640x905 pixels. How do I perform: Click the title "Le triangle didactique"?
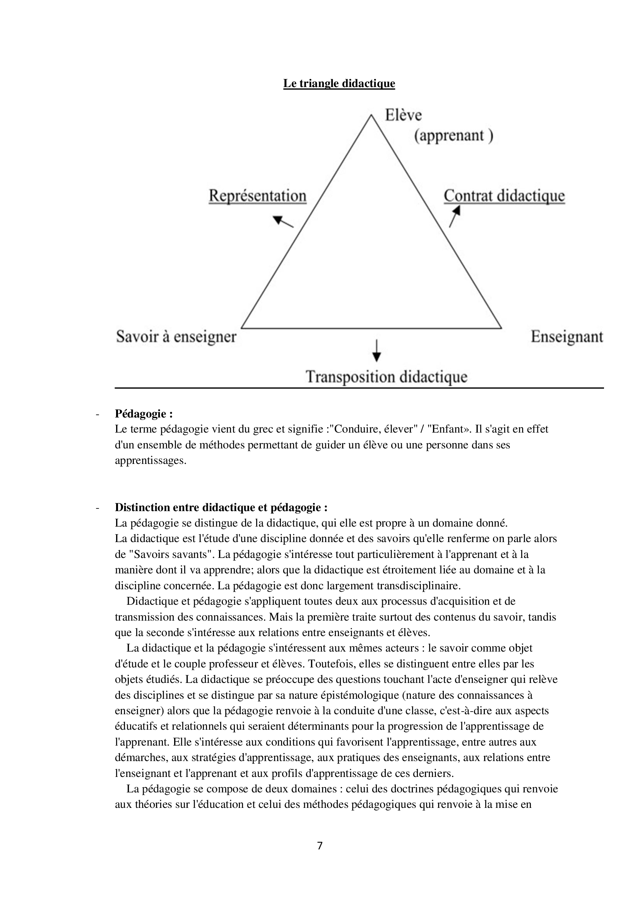point(339,84)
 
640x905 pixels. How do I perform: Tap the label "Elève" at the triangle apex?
point(403,115)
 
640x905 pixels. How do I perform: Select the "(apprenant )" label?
point(453,135)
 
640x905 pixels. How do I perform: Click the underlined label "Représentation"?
point(257,196)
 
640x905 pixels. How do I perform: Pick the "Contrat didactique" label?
point(504,196)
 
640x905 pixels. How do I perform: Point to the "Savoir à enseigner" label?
point(176,337)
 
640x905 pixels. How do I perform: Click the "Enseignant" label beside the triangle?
point(567,337)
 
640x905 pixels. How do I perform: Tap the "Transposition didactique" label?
point(387,376)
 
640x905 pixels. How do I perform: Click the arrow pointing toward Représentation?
point(283,222)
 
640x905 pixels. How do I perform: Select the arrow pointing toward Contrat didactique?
point(454,217)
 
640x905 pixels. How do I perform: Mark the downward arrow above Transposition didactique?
point(377,351)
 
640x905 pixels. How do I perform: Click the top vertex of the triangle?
point(371,115)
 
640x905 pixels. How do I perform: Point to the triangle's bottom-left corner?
point(241,328)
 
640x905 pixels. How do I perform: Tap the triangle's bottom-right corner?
point(501,328)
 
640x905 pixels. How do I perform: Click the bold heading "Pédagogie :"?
point(144,414)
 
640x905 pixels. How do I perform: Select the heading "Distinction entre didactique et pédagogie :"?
point(221,507)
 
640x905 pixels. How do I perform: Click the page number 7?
point(320,845)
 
